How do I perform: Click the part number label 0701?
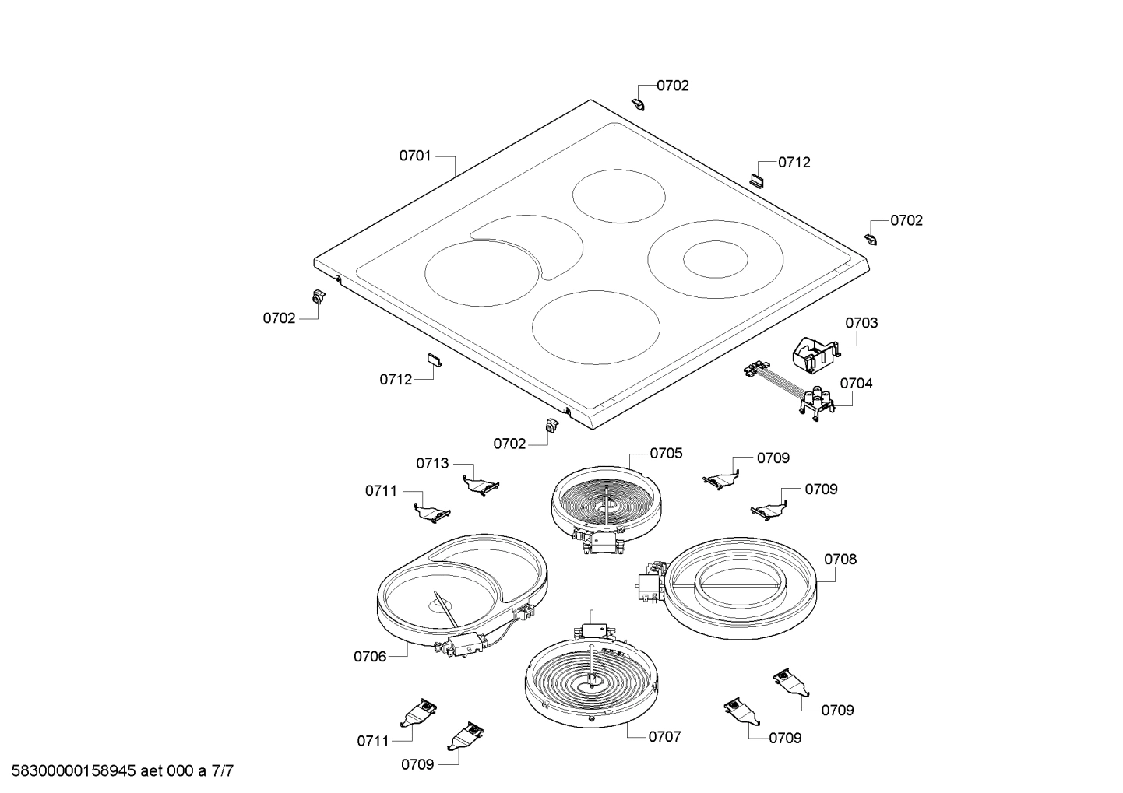click(x=415, y=156)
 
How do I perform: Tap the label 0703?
click(x=861, y=322)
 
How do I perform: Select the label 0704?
click(x=856, y=383)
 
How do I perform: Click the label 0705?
click(x=666, y=453)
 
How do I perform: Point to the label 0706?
click(x=370, y=656)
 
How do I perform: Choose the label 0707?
click(x=664, y=736)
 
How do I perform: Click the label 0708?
click(x=840, y=559)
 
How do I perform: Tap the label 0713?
click(x=432, y=463)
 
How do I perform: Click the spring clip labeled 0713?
click(x=481, y=485)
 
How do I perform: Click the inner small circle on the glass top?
click(x=716, y=259)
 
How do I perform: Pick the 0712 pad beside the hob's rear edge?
click(x=758, y=179)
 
